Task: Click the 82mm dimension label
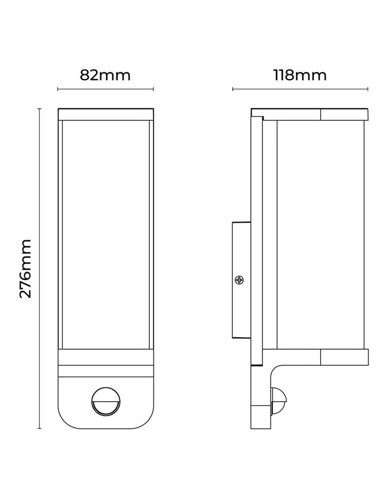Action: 105,75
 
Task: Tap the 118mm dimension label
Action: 300,75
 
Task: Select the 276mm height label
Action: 26,268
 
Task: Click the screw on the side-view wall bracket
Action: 239,280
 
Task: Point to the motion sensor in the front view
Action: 106,401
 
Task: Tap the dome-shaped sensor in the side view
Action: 279,401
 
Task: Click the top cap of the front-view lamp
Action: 106,114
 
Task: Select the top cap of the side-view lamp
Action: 309,114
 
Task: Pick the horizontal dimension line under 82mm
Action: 106,89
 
